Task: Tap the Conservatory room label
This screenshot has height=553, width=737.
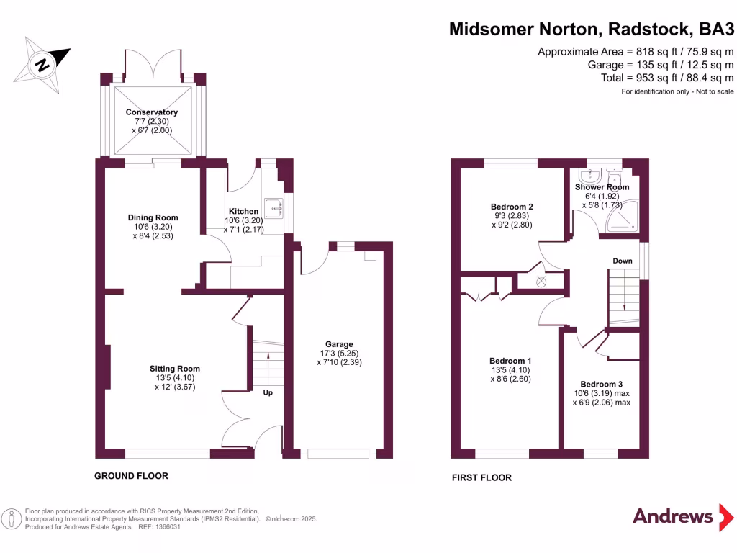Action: tap(151, 112)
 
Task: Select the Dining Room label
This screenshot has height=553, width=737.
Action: tap(153, 217)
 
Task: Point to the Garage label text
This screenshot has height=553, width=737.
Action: tap(339, 344)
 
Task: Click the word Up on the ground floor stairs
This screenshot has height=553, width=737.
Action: tap(267, 393)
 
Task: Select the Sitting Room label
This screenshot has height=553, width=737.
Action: tap(174, 368)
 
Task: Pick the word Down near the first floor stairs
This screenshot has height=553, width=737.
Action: tap(623, 261)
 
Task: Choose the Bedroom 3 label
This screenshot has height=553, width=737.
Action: tap(601, 384)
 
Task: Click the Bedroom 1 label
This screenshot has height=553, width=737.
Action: tap(510, 361)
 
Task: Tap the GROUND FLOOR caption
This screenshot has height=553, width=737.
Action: tap(132, 476)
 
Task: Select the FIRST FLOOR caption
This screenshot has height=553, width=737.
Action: tap(481, 477)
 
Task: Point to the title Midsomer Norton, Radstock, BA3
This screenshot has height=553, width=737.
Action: tap(592, 29)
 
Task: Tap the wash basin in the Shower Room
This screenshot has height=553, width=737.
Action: tap(592, 177)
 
